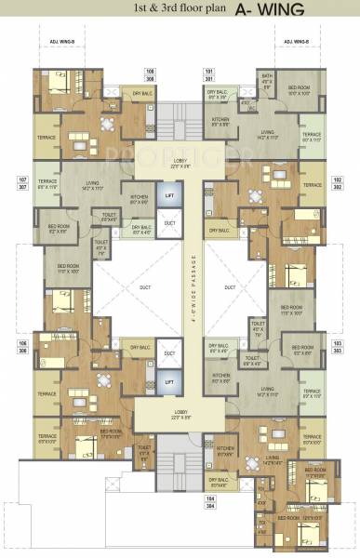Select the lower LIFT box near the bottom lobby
(x=168, y=381)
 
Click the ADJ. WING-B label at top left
(x=58, y=42)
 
